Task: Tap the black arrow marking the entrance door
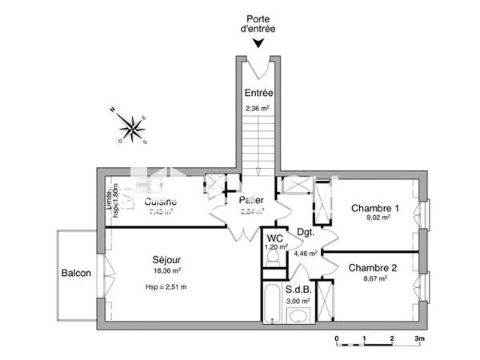258,45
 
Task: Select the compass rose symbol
128,126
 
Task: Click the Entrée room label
258,93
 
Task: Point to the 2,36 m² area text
258,109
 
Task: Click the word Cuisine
160,202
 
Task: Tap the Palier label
252,200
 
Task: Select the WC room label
275,238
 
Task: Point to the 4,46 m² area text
306,253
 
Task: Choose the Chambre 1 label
374,206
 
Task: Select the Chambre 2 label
373,267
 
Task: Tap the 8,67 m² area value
373,278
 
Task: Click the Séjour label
166,260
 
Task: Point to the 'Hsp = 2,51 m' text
166,286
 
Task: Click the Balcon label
76,273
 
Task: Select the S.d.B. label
298,290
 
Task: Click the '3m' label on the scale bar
418,338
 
